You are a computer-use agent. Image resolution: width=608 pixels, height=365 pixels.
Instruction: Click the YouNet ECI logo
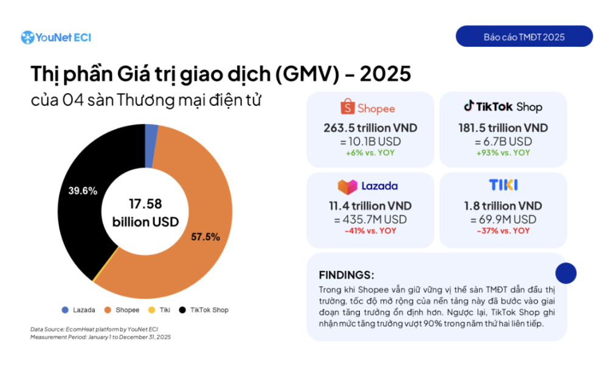point(56,37)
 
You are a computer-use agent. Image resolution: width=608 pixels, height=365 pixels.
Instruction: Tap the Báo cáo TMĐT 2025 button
point(524,36)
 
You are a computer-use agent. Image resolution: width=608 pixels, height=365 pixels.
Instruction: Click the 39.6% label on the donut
point(83,190)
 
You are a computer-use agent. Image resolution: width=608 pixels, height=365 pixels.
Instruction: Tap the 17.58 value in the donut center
point(145,204)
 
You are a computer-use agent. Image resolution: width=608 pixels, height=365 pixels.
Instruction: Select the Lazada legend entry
point(78,310)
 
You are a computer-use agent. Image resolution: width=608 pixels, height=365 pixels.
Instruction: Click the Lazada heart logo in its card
point(346,186)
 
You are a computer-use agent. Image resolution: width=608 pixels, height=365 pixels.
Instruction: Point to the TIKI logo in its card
point(503,185)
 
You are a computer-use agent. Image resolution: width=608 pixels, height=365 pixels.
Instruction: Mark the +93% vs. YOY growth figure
point(503,153)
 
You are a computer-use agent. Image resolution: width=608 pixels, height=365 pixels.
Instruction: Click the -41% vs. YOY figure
point(370,231)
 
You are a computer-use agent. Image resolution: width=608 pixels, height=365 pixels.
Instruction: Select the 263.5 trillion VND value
point(370,128)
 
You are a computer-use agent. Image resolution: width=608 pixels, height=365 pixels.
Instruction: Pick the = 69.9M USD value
point(503,219)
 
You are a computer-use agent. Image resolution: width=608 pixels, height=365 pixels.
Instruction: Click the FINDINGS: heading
point(346,275)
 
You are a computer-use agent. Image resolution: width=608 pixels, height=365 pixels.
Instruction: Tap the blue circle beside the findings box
point(566,273)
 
